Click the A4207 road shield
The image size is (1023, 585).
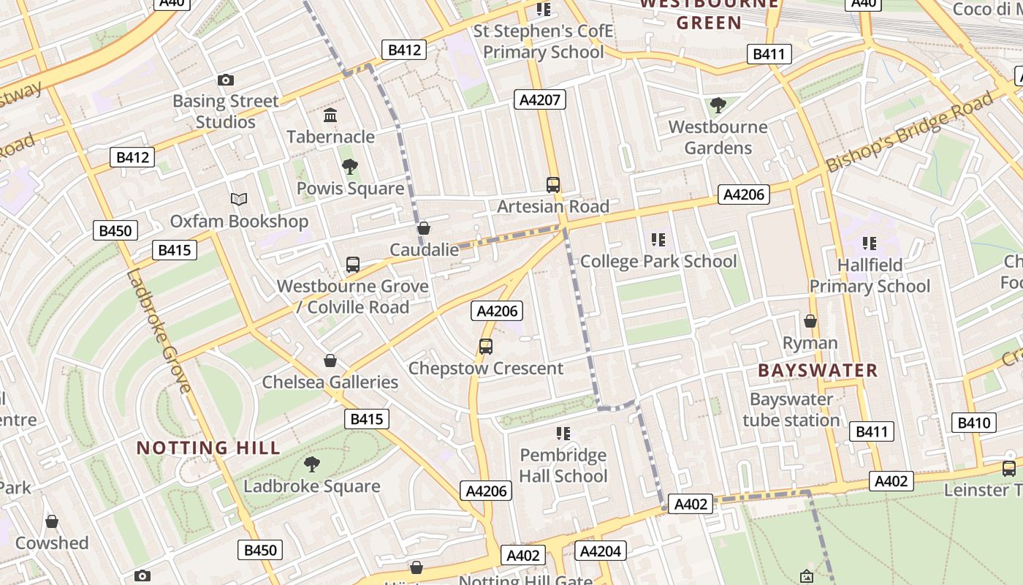point(540,99)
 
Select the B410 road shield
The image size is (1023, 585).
point(973,423)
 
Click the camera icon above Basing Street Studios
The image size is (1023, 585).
point(226,80)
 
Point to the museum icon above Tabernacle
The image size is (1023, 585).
point(330,116)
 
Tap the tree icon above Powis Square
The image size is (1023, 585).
point(350,167)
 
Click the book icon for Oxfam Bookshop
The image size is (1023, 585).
point(239,199)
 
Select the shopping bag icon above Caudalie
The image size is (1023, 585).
point(423,228)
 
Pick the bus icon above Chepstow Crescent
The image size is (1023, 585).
point(486,347)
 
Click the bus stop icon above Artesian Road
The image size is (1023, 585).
point(553,185)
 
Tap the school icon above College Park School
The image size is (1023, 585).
point(658,240)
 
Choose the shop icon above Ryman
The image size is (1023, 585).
point(810,321)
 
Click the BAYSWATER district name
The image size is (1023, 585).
point(818,370)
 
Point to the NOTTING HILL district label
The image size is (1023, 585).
point(208,448)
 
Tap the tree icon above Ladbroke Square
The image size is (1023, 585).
point(312,464)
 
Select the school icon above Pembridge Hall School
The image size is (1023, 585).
point(563,434)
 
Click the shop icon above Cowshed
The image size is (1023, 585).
point(52,521)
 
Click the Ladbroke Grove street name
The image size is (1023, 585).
point(158,331)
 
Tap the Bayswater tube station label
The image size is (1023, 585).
point(791,409)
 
